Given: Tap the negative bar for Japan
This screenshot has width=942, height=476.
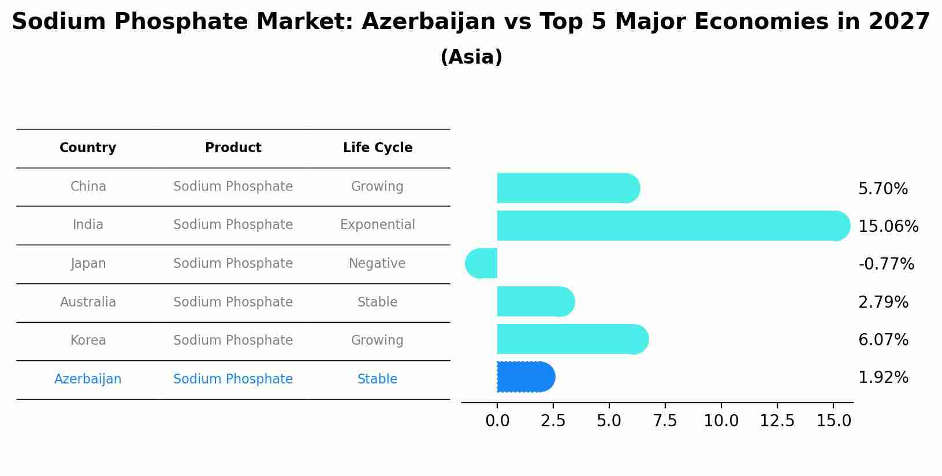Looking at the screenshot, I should [482, 264].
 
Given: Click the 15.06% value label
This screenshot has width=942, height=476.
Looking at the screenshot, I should [888, 227].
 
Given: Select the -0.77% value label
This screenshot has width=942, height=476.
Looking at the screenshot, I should [886, 264].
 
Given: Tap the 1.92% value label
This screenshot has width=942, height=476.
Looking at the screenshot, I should [883, 378].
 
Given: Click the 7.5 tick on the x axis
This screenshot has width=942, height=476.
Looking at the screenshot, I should [665, 421].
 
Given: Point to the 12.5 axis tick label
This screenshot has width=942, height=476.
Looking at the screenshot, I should [777, 421].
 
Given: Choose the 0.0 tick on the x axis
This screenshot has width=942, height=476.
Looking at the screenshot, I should [497, 421].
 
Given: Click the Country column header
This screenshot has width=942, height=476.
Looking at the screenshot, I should [88, 148].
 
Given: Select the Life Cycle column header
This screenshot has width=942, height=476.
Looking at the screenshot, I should [378, 148].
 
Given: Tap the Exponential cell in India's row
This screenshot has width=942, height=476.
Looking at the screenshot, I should [377, 225].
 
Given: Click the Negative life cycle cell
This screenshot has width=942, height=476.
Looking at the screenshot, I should [377, 264].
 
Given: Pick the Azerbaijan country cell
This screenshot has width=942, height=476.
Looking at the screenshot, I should [88, 379].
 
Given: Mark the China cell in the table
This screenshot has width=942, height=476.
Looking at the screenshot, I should [88, 187].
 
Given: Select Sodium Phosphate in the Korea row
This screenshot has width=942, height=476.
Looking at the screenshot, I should [233, 341].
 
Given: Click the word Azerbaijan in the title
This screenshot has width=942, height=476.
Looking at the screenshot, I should [428, 22].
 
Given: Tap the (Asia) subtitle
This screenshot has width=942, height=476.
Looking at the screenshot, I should [471, 57].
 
